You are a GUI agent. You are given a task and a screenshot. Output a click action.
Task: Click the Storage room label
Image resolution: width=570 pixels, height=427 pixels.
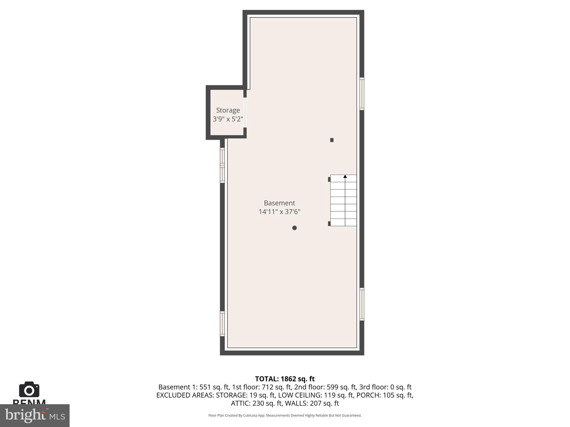(x=228, y=110)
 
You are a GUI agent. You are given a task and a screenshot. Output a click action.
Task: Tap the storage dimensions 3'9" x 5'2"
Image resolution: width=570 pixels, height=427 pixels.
(x=228, y=119)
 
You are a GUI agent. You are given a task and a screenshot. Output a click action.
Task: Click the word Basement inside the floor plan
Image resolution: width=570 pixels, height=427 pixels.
(x=279, y=203)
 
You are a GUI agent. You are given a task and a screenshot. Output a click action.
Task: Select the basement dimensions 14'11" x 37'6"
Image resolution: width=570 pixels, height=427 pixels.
(x=279, y=212)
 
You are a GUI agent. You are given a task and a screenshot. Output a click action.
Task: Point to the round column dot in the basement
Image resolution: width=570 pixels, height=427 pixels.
(x=294, y=228)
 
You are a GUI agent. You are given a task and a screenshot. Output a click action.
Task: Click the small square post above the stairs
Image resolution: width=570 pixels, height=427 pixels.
(x=332, y=140)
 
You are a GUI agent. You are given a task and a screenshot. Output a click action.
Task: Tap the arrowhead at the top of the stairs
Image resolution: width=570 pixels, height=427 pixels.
(x=345, y=177)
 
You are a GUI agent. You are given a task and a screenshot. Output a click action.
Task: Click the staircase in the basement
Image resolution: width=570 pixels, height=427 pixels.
(x=343, y=200)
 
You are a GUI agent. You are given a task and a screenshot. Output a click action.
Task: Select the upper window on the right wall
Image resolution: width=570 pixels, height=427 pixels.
(x=362, y=94)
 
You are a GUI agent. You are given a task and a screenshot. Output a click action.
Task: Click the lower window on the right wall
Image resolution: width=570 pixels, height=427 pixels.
(x=362, y=304)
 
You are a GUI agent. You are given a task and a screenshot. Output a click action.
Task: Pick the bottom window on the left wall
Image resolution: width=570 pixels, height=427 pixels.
(x=222, y=324)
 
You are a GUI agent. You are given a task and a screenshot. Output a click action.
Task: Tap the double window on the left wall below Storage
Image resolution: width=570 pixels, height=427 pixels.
(x=222, y=165)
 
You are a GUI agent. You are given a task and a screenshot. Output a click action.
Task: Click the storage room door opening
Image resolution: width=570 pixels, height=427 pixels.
(x=245, y=113)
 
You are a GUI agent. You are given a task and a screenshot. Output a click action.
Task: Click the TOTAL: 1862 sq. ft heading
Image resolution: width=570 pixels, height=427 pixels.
(x=285, y=379)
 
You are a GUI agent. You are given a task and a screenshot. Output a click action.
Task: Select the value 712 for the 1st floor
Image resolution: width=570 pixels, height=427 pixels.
(x=267, y=387)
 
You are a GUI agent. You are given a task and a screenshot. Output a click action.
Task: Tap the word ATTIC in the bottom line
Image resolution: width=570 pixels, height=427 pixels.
(x=240, y=403)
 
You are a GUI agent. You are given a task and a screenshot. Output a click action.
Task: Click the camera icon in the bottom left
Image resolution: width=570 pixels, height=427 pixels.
(x=29, y=390)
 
